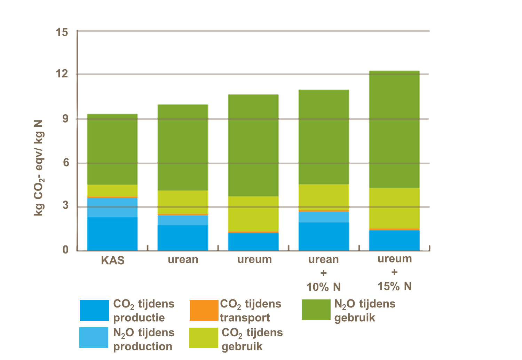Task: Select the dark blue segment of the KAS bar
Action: (x=112, y=233)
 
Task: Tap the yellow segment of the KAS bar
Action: (x=112, y=190)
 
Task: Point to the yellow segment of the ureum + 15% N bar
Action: (x=394, y=208)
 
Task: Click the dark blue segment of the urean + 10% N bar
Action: (x=324, y=236)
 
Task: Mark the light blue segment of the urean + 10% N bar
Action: (x=324, y=217)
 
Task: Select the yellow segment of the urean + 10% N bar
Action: (x=324, y=197)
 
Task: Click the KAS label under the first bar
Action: (x=113, y=260)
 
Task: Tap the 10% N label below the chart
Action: (x=324, y=287)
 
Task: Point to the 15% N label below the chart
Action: (x=395, y=286)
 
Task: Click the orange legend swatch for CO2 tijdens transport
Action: (x=204, y=310)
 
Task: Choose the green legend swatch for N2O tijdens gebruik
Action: (x=316, y=310)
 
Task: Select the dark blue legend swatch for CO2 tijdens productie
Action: (x=94, y=310)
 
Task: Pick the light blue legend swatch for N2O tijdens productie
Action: (x=94, y=337)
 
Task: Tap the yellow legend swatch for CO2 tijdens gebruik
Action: (x=204, y=337)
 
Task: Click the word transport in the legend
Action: (x=245, y=318)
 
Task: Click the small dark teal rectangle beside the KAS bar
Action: (x=148, y=202)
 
